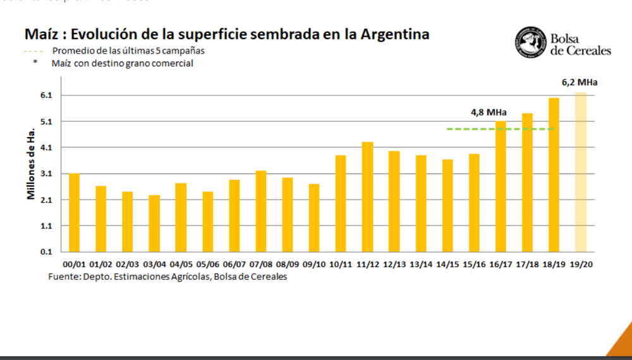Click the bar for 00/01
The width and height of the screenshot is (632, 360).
[x=75, y=212]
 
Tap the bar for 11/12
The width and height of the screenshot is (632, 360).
[x=367, y=196]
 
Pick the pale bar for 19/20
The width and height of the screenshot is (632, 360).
[x=580, y=172]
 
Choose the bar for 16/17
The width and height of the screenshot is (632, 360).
[x=501, y=186]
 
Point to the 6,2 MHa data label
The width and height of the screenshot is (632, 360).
[x=579, y=83]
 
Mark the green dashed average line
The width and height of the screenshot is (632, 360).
[x=500, y=129]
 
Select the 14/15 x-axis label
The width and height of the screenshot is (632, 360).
[x=447, y=264]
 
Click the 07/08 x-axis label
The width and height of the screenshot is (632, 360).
[x=261, y=264]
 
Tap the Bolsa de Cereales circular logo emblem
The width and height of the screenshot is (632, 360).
[x=530, y=43]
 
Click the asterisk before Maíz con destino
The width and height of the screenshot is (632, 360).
[x=35, y=63]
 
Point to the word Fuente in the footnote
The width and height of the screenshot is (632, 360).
[x=63, y=277]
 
